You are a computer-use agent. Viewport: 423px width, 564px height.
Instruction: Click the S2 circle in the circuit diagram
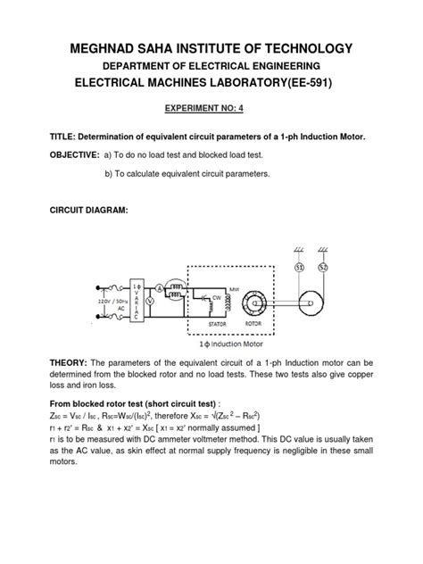323,268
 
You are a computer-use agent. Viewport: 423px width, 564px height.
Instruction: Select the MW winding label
235,289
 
